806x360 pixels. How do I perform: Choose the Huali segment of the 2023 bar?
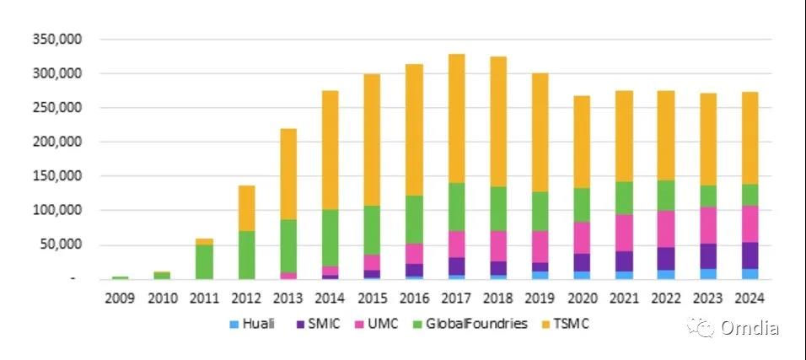[x=707, y=274]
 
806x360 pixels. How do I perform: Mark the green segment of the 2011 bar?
[x=204, y=261]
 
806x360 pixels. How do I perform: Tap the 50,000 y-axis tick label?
[x=59, y=244]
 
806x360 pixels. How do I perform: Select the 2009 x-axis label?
[x=120, y=298]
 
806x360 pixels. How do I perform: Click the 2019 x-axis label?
[x=540, y=298]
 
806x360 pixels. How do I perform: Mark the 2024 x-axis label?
[x=749, y=298]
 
